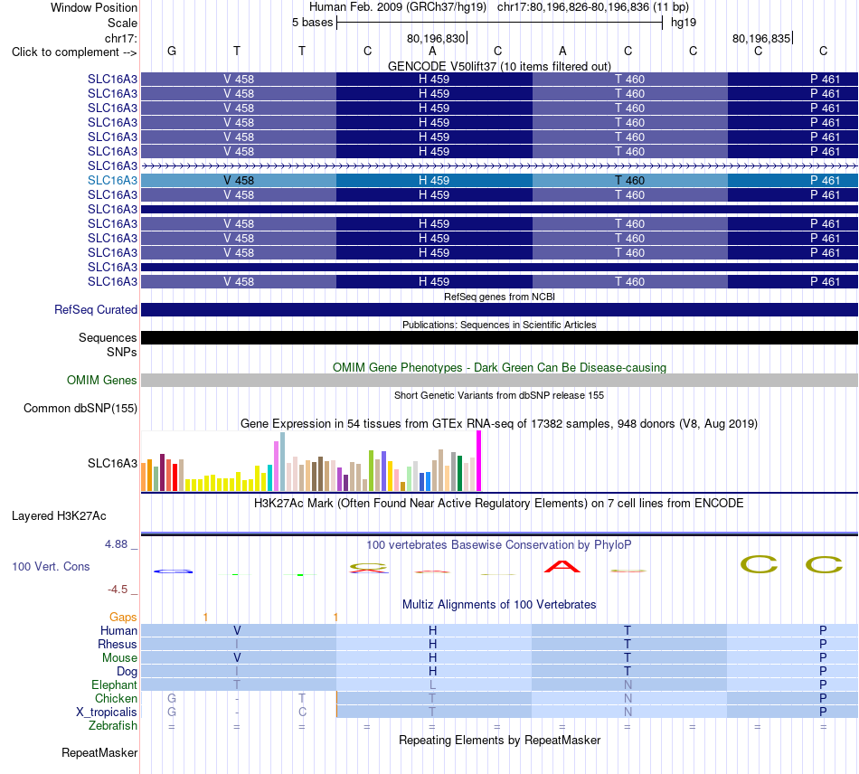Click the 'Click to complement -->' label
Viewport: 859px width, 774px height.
[x=74, y=52]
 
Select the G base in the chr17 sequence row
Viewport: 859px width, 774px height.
[x=172, y=51]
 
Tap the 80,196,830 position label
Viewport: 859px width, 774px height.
[x=436, y=38]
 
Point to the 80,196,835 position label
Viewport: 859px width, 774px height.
[x=761, y=38]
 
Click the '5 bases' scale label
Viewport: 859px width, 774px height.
[x=312, y=23]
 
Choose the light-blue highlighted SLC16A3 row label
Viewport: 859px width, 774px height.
[x=112, y=180]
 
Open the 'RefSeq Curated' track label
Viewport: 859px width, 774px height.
[x=96, y=309]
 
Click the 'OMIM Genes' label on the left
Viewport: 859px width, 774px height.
[x=102, y=380]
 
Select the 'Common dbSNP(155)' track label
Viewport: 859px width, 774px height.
[x=80, y=408]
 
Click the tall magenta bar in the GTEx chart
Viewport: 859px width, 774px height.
[x=479, y=460]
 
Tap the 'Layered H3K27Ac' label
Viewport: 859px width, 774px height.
[x=59, y=516]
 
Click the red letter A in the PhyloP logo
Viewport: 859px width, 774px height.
[x=562, y=566]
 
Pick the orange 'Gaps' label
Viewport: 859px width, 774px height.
[x=123, y=618]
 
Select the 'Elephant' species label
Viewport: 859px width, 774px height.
[x=114, y=684]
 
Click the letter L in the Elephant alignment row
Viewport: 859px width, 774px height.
[x=432, y=684]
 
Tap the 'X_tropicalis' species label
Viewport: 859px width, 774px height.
[x=107, y=713]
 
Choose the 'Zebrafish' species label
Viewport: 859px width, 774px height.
[x=113, y=726]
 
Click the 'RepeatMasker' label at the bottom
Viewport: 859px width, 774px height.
[x=99, y=752]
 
